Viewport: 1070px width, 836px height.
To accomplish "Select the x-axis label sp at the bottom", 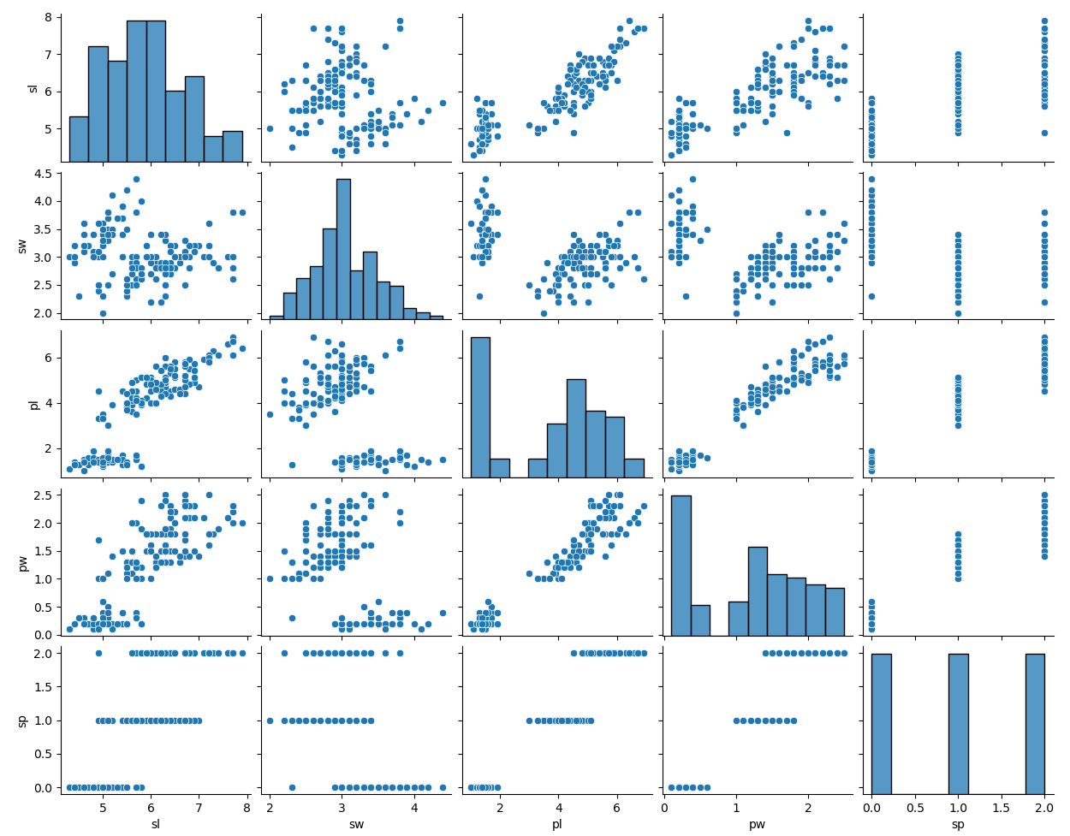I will pos(958,824).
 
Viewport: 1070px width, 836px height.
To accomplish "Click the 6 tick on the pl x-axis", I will pos(616,807).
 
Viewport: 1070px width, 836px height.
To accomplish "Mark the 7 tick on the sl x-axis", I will pos(199,807).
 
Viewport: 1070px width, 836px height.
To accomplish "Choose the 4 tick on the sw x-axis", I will pos(414,807).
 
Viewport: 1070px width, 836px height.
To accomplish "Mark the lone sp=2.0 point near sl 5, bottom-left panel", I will pos(98,653).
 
